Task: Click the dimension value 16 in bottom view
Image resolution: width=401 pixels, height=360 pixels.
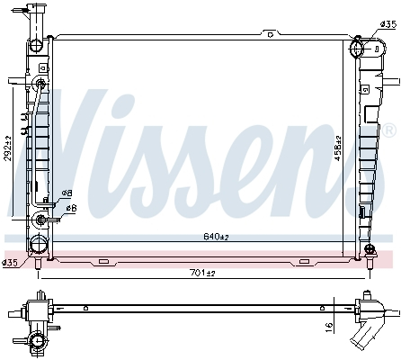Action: pyautogui.click(x=330, y=328)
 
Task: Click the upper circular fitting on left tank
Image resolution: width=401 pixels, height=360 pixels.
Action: pyautogui.click(x=41, y=85)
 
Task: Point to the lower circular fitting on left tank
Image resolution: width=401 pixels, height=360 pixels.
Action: pyautogui.click(x=41, y=220)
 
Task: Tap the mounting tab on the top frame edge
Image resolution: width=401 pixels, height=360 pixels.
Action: pyautogui.click(x=268, y=33)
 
